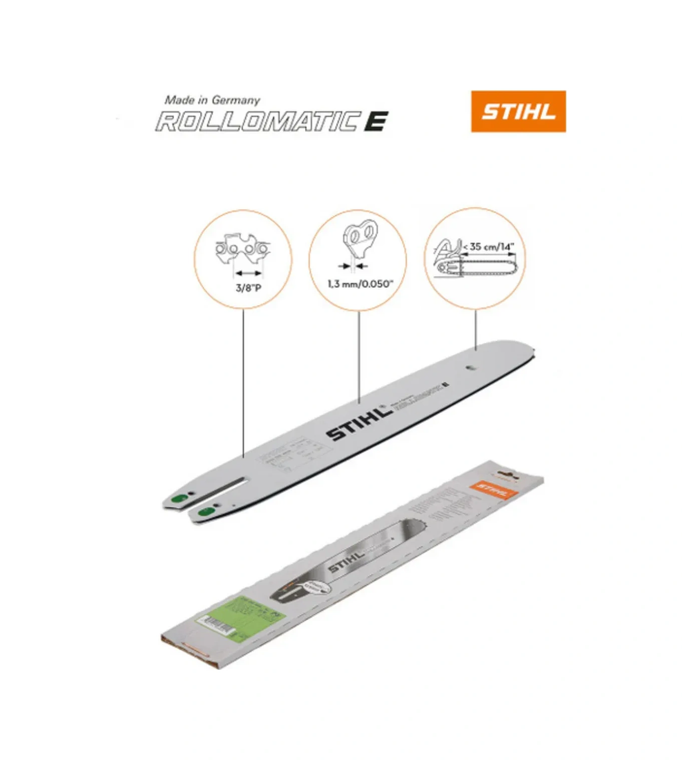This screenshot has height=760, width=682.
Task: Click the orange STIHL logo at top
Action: click(x=518, y=111)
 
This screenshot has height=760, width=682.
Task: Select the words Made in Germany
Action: click(x=212, y=100)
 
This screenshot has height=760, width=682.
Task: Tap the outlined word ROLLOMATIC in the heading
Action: click(x=258, y=122)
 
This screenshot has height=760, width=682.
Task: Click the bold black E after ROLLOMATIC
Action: click(x=376, y=122)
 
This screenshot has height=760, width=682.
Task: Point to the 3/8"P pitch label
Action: click(x=248, y=288)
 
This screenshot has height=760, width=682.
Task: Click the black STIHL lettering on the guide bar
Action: click(x=359, y=423)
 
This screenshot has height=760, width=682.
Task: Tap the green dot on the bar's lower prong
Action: click(x=206, y=512)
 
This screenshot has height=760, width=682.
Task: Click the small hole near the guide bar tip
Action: click(x=470, y=367)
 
